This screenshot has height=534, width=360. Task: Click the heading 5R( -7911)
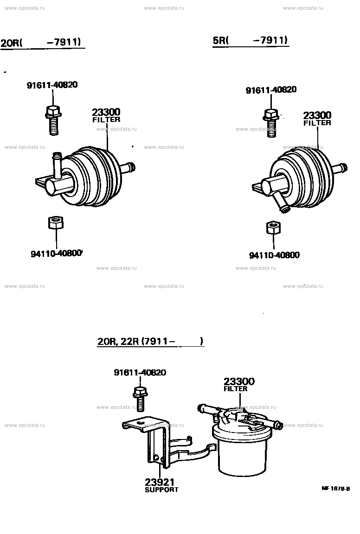pos(251,40)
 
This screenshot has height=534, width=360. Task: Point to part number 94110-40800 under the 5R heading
pos(274,255)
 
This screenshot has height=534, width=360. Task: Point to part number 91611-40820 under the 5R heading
pos(271,90)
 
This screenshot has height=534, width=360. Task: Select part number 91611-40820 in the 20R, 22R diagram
pos(140,372)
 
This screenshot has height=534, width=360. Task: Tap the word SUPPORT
pos(161,489)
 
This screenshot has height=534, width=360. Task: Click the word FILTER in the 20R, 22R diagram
pos(235,389)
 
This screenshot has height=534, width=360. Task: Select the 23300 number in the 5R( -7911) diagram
pos(317,115)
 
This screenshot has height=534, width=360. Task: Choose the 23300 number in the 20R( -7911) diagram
pos(106,112)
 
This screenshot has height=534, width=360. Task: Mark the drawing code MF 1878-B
pos(335,489)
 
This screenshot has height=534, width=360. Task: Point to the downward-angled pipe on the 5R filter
pos(282,203)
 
